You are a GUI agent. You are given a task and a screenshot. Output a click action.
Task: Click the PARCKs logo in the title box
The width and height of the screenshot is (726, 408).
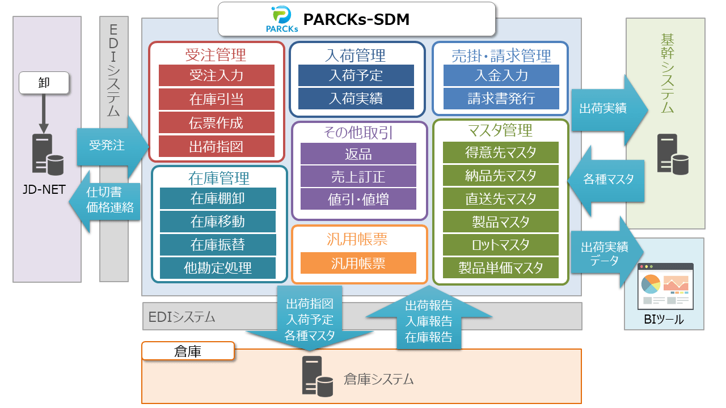282,19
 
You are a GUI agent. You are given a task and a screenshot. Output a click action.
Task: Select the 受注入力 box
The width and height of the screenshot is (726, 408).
216,75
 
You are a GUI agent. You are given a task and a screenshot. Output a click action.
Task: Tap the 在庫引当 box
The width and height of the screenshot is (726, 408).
216,99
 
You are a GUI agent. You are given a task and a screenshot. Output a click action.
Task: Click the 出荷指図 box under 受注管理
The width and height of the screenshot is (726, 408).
216,146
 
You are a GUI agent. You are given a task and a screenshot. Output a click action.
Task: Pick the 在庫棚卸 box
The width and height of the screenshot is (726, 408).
218,198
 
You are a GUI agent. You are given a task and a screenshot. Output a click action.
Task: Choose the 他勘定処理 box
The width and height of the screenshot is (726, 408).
218,267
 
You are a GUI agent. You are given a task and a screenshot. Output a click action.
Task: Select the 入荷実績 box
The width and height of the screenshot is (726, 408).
356,99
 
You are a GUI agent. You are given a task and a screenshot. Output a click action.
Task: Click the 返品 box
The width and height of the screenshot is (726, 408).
358,154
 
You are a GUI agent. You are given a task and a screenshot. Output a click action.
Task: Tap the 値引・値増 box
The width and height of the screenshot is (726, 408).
358,199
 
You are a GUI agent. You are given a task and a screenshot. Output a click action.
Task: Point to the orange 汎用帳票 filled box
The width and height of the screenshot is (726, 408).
358,263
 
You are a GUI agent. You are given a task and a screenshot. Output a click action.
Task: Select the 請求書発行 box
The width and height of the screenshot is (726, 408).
501,99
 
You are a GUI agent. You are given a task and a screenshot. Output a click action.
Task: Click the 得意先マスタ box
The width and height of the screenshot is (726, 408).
501,152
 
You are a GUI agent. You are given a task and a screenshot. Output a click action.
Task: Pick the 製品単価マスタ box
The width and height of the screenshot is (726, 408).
501,267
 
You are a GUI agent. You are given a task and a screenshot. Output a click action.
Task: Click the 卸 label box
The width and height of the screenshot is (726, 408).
44,83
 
